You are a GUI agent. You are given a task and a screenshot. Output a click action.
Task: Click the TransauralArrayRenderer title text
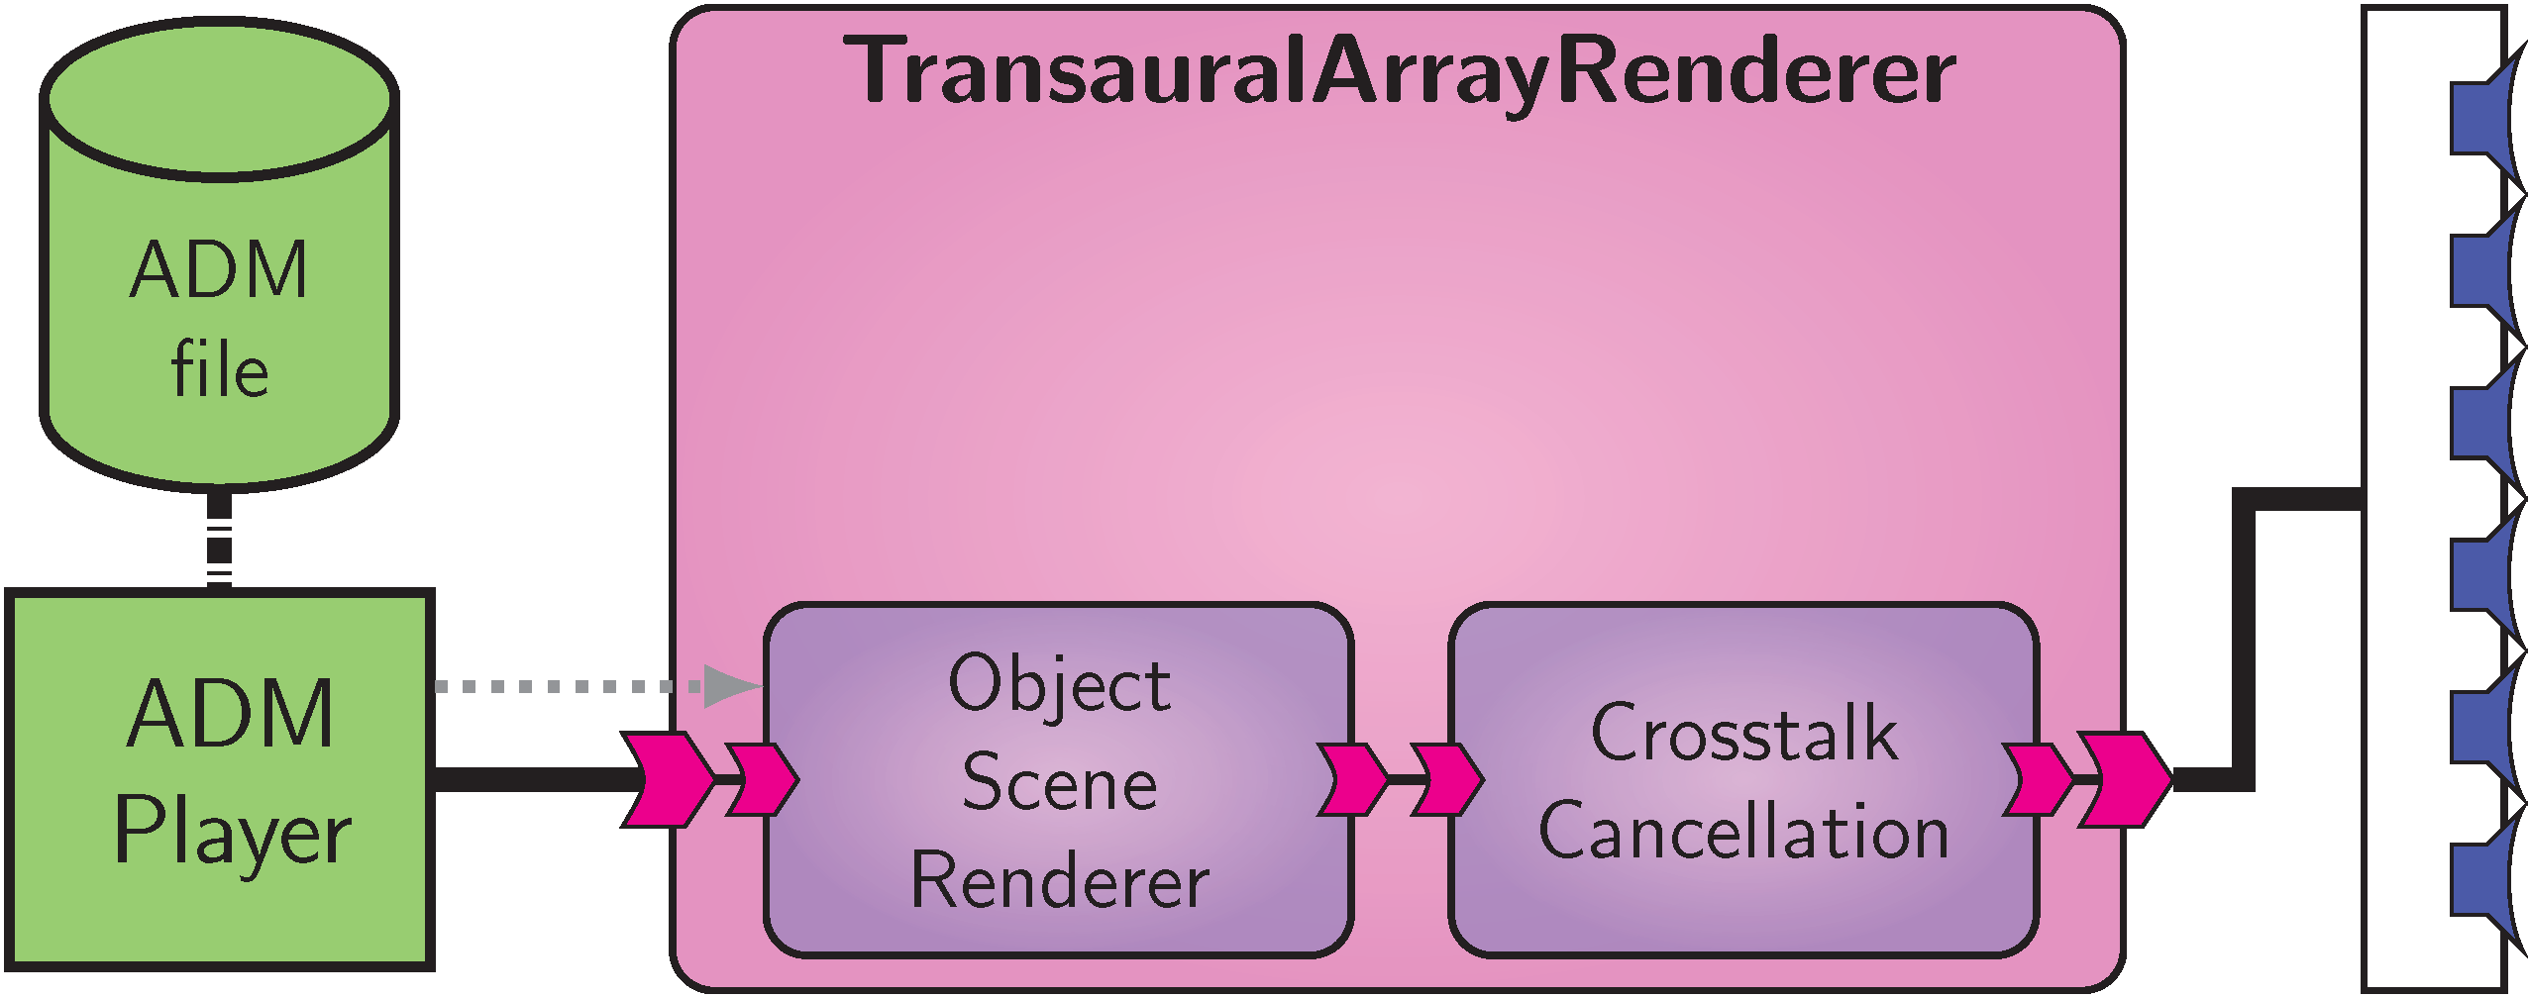[1398, 71]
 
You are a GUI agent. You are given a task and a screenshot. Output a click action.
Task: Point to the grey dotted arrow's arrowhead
[731, 685]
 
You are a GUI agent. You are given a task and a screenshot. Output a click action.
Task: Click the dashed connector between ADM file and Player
[219, 541]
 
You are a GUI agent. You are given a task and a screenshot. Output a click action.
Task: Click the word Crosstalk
[1743, 733]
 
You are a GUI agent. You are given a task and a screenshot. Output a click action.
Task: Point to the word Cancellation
[1743, 832]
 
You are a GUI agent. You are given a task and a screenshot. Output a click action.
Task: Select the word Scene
[1059, 782]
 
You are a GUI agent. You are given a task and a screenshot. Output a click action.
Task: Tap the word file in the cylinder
[219, 368]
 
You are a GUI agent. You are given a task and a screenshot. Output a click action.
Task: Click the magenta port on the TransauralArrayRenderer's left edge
[667, 779]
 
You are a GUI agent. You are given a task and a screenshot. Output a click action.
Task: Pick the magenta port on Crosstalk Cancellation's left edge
[1447, 779]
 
